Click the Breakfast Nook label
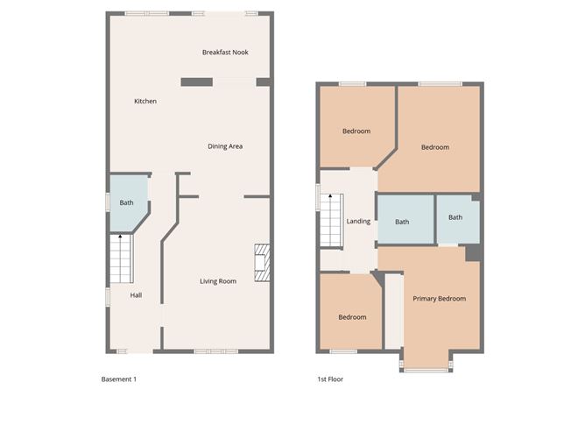pos(225,53)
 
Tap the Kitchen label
pos(145,102)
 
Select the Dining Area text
pos(225,146)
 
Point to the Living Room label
pos(218,281)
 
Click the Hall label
pos(136,295)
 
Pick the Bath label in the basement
pos(127,203)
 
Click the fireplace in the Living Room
pos(260,262)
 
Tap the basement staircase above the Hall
pos(121,258)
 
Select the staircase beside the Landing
pos(329,220)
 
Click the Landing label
pos(358,222)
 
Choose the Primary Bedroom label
pos(440,299)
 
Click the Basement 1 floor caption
pos(119,379)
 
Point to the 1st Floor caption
pos(331,379)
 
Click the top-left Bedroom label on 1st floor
pos(356,131)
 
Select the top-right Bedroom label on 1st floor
pos(434,147)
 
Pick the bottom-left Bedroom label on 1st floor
pos(352,317)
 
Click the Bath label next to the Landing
pos(402,223)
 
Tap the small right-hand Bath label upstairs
pos(455,218)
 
